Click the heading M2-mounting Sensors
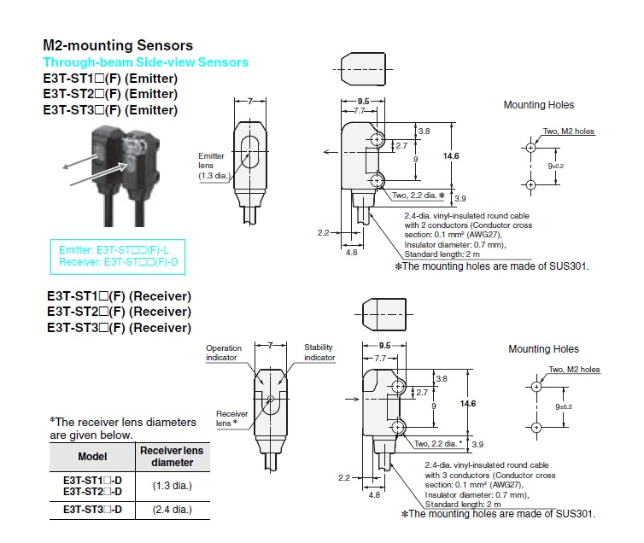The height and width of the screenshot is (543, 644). point(118,45)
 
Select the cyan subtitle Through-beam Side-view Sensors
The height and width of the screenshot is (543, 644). point(145,62)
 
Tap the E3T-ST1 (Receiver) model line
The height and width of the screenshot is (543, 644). point(119,296)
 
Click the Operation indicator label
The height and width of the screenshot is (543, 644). point(224,353)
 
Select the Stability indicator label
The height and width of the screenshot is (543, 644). point(319,352)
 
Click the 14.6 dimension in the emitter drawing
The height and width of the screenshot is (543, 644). point(451,156)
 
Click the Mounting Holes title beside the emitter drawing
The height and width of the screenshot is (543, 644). point(538,105)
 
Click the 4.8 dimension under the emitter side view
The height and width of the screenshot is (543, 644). point(351,253)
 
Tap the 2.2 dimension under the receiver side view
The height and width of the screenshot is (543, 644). point(343,476)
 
